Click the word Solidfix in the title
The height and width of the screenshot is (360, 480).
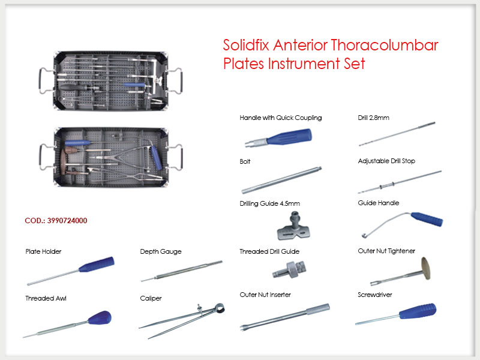246,45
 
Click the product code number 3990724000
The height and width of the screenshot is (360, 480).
67,221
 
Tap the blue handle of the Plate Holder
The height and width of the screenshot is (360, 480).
97,265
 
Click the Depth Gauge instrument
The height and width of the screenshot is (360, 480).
182,271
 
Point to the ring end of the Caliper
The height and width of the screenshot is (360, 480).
219,308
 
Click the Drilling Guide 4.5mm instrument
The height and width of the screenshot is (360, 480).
293,226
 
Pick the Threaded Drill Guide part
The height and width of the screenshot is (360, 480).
289,269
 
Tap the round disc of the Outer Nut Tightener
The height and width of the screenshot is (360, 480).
425,268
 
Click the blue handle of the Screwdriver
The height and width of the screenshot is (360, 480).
418,311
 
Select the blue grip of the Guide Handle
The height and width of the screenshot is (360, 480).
427,219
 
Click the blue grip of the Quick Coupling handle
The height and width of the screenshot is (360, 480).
289,137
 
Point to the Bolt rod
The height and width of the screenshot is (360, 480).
281,180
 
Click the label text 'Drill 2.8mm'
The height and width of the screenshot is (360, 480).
373,118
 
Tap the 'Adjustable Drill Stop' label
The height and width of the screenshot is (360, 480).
386,161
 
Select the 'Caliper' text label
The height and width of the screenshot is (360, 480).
151,298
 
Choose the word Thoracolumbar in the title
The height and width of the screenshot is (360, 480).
385,45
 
